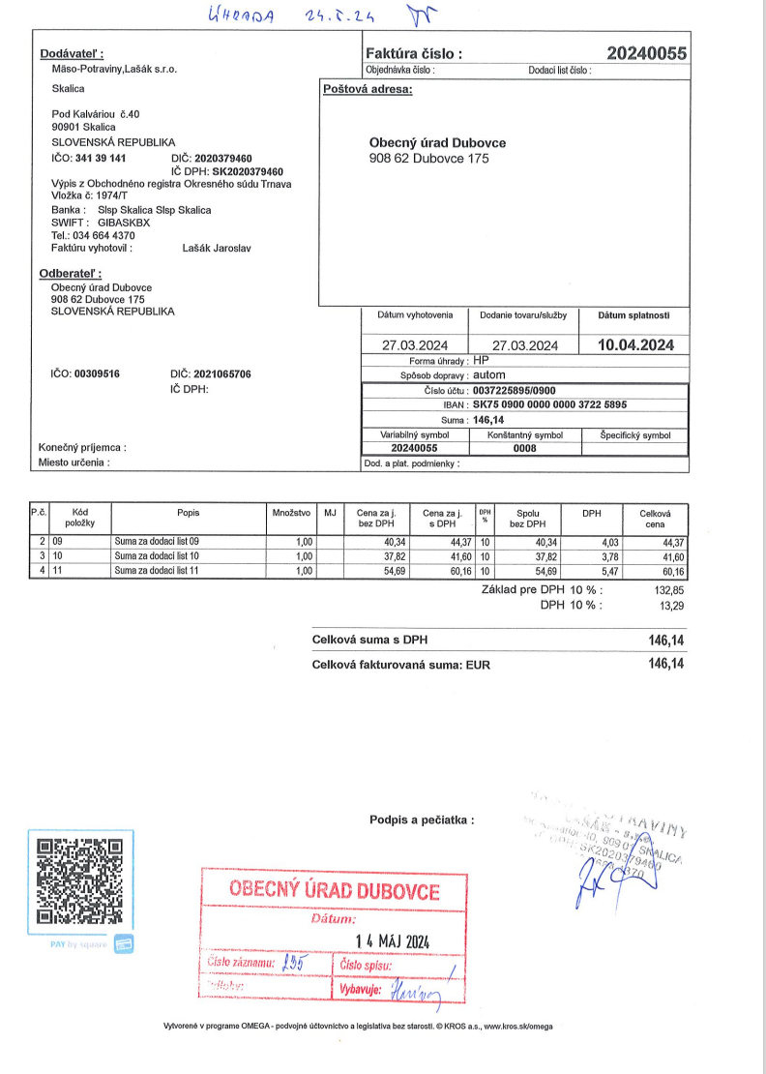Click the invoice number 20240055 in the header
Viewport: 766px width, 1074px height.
pos(646,53)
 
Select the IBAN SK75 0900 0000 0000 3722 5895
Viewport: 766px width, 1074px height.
pos(548,405)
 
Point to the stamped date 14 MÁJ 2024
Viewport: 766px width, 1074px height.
pos(387,941)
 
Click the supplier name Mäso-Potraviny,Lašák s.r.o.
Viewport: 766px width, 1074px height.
pos(114,69)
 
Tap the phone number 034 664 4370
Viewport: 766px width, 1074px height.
pos(107,235)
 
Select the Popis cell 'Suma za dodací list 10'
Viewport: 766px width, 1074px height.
pos(157,557)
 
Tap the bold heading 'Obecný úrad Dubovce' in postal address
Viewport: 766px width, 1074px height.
pos(437,142)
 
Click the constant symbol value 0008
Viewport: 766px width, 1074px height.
pos(524,449)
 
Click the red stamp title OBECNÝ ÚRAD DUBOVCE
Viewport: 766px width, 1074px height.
pos(334,890)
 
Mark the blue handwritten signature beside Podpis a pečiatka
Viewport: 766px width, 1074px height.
pos(597,877)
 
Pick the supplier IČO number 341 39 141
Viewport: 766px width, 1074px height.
pos(101,158)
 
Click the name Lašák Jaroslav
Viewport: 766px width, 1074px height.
pos(217,248)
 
